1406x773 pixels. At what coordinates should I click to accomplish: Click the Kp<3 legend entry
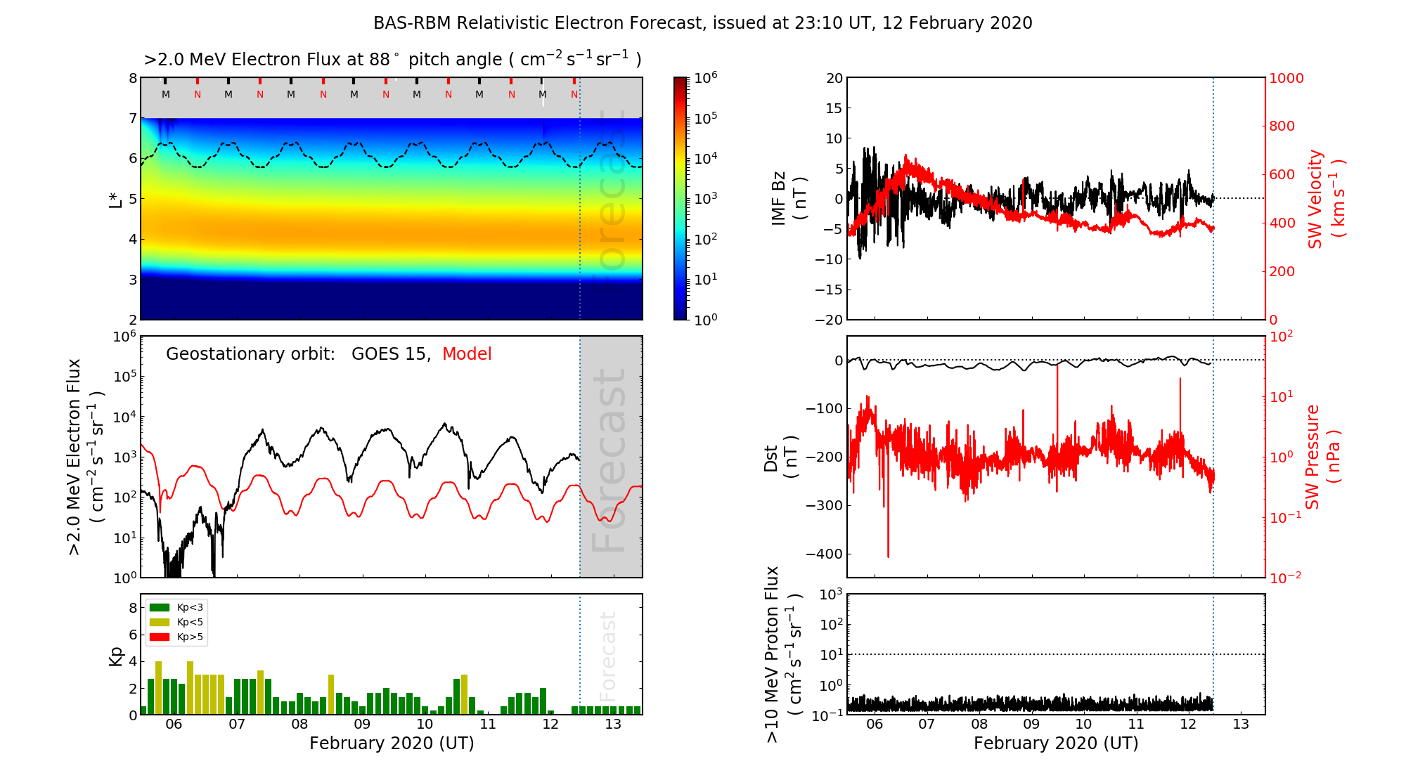coord(189,607)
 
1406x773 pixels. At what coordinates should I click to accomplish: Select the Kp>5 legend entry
coord(189,637)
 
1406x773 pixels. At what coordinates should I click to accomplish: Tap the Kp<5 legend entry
coord(189,622)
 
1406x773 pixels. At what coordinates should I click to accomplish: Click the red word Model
coord(467,354)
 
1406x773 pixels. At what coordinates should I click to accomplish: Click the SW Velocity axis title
coord(1326,199)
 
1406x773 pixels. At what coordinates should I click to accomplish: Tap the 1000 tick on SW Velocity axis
coord(1286,78)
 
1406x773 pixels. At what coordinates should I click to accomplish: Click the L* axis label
coord(116,199)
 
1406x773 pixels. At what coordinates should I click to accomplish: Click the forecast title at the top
coord(702,23)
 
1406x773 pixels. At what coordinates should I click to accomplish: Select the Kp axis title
coord(116,656)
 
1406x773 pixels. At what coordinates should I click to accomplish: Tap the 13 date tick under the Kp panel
coord(613,725)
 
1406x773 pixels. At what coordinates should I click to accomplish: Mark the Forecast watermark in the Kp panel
coord(608,656)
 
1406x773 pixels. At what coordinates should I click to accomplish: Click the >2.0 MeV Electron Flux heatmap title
coord(392,60)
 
